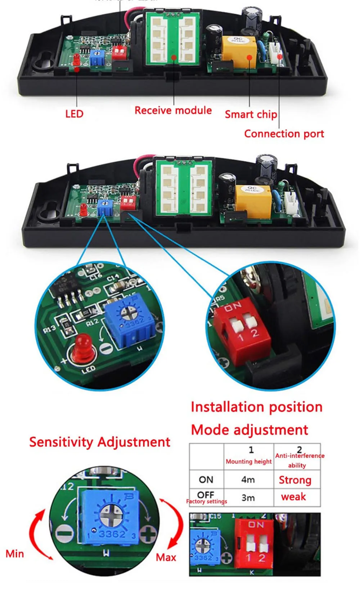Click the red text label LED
[x=74, y=114]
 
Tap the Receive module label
[x=173, y=110]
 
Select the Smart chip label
[x=251, y=114]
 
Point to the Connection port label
[x=284, y=134]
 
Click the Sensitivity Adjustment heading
[x=99, y=442]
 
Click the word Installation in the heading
[x=226, y=407]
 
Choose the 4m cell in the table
[x=248, y=480]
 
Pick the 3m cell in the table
[x=248, y=498]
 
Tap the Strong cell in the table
[x=295, y=480]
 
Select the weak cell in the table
[x=293, y=497]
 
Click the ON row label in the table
[x=206, y=480]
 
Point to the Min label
[x=15, y=554]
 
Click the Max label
[x=166, y=557]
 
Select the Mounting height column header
[x=249, y=462]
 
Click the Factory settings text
[x=207, y=501]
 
